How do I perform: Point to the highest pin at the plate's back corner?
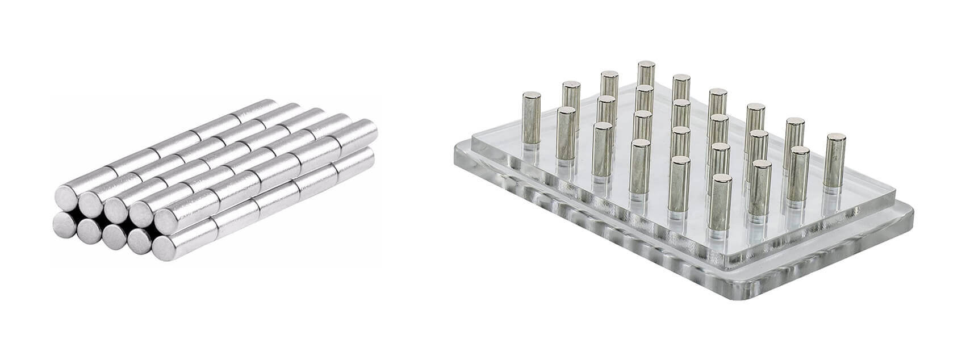click(646, 79)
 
